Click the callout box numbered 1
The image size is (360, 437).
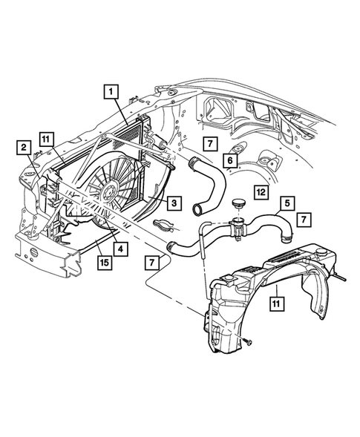pyautogui.click(x=110, y=91)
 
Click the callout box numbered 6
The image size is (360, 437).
pyautogui.click(x=230, y=158)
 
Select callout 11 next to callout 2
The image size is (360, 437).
pyautogui.click(x=46, y=139)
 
